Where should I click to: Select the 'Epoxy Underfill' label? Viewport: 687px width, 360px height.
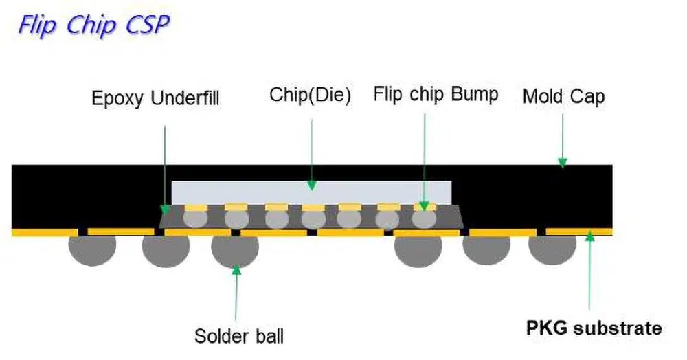pos(155,98)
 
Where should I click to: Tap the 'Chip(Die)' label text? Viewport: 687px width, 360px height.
pos(310,95)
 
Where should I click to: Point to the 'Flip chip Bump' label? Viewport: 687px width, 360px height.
pos(436,94)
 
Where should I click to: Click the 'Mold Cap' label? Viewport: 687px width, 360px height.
pos(563,96)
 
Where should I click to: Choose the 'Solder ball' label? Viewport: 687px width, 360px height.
pos(238,337)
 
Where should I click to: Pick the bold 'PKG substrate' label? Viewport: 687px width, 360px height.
pos(594,328)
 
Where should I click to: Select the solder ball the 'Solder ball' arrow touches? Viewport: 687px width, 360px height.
pos(235,251)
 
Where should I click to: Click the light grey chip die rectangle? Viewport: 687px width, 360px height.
pos(311,192)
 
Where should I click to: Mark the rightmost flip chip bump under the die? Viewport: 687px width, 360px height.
pos(424,218)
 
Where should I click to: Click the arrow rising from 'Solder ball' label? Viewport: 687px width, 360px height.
pos(236,295)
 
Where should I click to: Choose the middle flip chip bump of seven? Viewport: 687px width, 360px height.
pos(313,218)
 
